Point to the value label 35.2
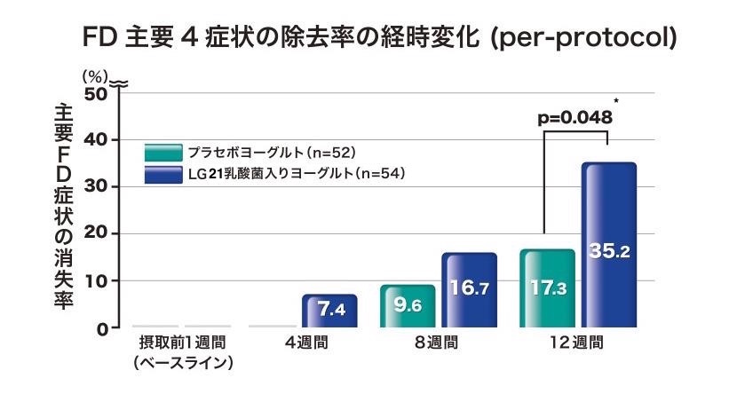(x=609, y=251)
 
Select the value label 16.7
(x=470, y=289)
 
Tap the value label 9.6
(x=408, y=306)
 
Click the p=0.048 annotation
(x=575, y=117)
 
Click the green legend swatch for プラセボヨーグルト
(x=163, y=151)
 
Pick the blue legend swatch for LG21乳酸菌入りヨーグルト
(x=163, y=173)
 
